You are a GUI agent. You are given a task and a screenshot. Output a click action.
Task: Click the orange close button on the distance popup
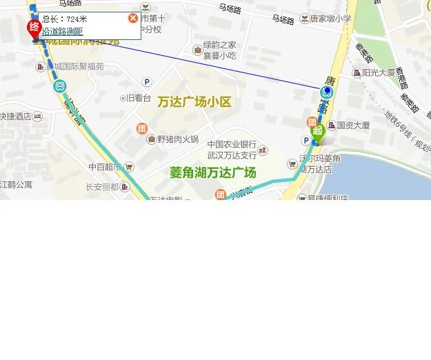133,18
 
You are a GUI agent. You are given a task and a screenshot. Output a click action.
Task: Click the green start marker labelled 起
317,131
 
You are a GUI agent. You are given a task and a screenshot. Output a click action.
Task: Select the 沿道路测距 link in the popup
63,31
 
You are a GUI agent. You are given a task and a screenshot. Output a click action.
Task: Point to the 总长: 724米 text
65,19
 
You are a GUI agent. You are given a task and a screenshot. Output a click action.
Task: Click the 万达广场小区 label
194,102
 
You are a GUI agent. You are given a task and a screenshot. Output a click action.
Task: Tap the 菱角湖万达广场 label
212,172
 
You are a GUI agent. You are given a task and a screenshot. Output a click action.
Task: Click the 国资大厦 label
352,126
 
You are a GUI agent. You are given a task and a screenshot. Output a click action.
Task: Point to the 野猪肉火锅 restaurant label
177,139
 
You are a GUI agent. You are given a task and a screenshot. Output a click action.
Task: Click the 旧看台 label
138,98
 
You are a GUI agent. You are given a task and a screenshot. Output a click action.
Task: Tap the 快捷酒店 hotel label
15,117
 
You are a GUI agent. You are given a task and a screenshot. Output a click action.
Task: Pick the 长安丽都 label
103,186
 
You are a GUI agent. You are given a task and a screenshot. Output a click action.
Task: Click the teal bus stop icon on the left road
59,86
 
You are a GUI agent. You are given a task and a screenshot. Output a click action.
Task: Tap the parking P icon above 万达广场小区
146,82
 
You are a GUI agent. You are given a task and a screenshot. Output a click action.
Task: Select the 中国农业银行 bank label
231,145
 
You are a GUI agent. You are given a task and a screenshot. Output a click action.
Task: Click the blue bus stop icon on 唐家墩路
327,92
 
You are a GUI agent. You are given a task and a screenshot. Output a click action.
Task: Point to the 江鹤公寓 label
15,184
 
